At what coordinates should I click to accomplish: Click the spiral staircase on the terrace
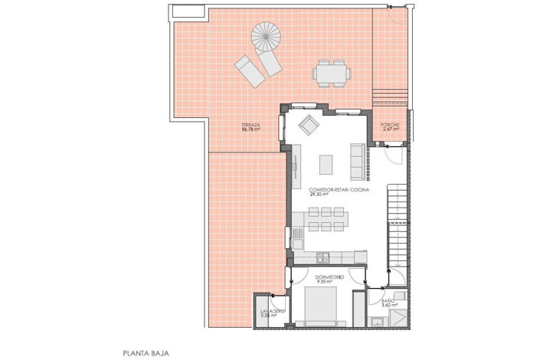pyautogui.click(x=267, y=36)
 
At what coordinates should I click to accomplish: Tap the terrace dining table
pyautogui.click(x=331, y=74)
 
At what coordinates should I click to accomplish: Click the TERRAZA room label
pyautogui.click(x=250, y=124)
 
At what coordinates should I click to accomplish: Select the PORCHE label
pyautogui.click(x=391, y=125)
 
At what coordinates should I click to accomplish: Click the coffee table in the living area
pyautogui.click(x=327, y=164)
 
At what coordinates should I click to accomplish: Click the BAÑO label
pyautogui.click(x=388, y=300)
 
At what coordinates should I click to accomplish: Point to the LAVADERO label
pyautogui.click(x=272, y=311)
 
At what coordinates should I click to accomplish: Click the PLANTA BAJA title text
pyautogui.click(x=146, y=353)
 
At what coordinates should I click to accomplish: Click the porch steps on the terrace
pyautogui.click(x=391, y=100)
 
